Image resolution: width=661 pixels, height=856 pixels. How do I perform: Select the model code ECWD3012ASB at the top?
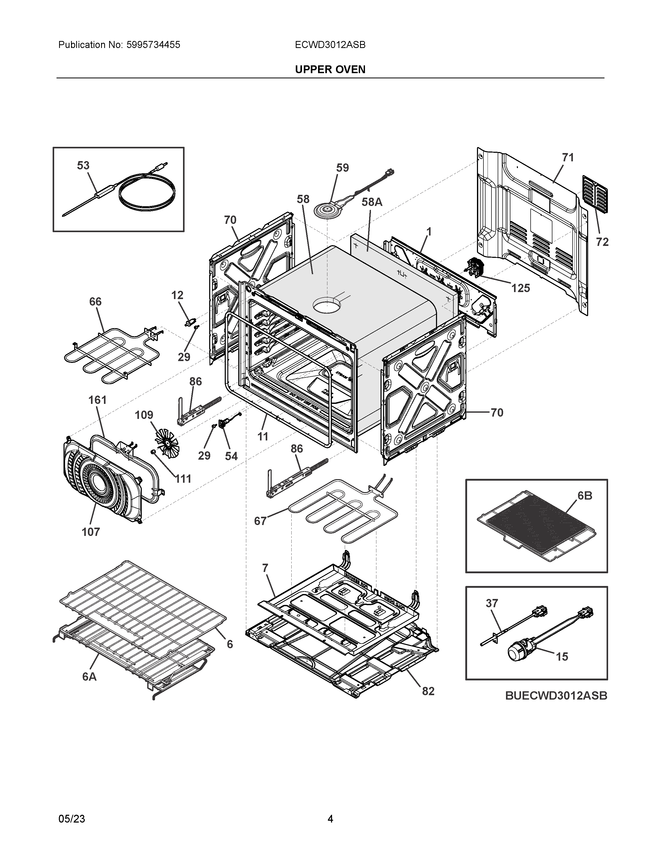point(330,45)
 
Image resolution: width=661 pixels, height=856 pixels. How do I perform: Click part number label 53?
point(83,165)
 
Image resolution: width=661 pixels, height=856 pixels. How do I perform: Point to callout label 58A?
point(372,202)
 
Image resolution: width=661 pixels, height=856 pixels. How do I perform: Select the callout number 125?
point(521,288)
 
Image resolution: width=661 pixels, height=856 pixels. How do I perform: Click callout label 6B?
point(585,496)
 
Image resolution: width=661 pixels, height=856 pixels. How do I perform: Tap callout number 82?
point(428,691)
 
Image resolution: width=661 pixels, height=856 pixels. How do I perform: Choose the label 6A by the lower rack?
point(89,676)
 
